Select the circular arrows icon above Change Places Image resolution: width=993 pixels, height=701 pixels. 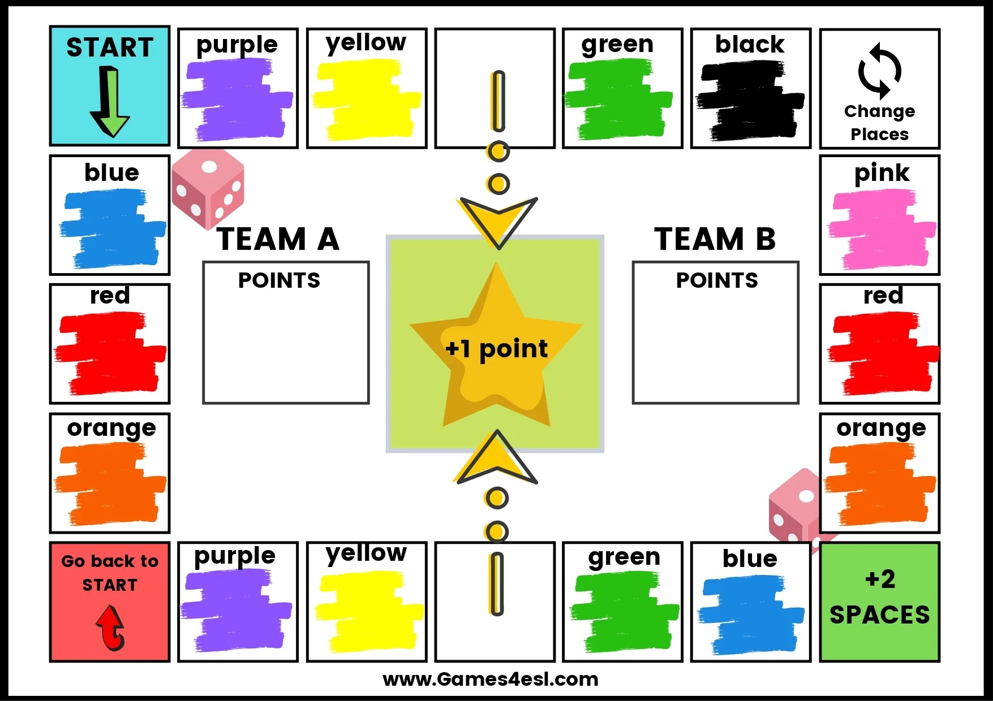pyautogui.click(x=879, y=71)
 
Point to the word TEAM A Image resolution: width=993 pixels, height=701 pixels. pyautogui.click(x=278, y=239)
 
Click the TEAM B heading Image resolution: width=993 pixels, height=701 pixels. pyautogui.click(x=715, y=239)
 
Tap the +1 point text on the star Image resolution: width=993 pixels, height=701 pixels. pyautogui.click(x=496, y=349)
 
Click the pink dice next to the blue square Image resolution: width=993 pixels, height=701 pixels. pyautogui.click(x=208, y=188)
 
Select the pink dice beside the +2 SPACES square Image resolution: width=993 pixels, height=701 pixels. pyautogui.click(x=795, y=506)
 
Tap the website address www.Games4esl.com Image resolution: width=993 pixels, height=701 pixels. pyautogui.click(x=490, y=679)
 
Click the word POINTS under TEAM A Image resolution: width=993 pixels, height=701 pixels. pyautogui.click(x=279, y=280)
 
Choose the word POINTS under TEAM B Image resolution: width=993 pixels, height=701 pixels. pyautogui.click(x=717, y=280)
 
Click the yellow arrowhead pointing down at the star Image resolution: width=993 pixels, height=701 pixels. pyautogui.click(x=498, y=220)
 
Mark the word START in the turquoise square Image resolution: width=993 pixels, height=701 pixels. pyautogui.click(x=110, y=47)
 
